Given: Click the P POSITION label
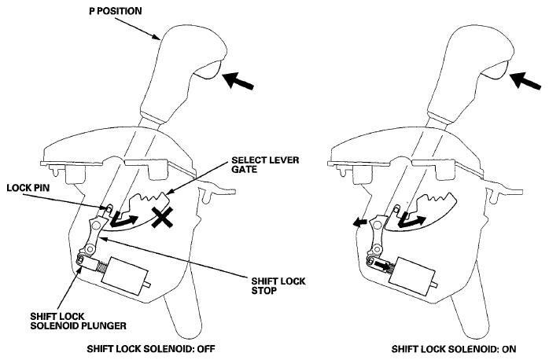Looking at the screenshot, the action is coord(116,11).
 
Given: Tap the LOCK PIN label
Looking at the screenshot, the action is coord(28,188).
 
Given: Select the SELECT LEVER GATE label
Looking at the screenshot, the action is coord(265,164).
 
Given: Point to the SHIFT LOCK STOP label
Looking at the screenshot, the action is coord(278,286).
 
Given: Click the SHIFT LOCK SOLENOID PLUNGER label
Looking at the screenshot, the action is coord(78,321).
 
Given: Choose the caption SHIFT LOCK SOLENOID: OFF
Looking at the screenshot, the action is coord(150,349).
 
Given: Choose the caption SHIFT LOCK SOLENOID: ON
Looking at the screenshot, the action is coord(453,349).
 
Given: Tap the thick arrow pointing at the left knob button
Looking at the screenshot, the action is coord(238,80).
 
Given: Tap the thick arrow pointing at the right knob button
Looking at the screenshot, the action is coord(525,80).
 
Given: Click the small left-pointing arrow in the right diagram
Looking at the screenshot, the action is coord(359,222).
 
